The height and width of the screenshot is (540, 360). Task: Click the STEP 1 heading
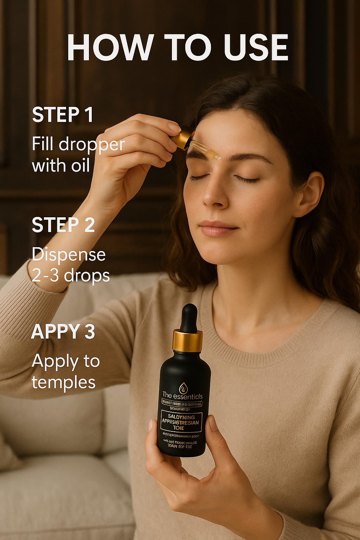pos(63,115)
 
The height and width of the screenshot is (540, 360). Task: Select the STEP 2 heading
pos(63,225)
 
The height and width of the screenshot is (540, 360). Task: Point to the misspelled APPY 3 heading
pos(63,332)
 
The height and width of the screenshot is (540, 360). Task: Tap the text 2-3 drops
pos(71,276)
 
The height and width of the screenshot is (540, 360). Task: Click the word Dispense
pos(69,254)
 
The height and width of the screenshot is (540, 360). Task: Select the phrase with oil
pos(61,165)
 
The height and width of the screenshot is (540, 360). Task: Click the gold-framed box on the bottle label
pos(181,420)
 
